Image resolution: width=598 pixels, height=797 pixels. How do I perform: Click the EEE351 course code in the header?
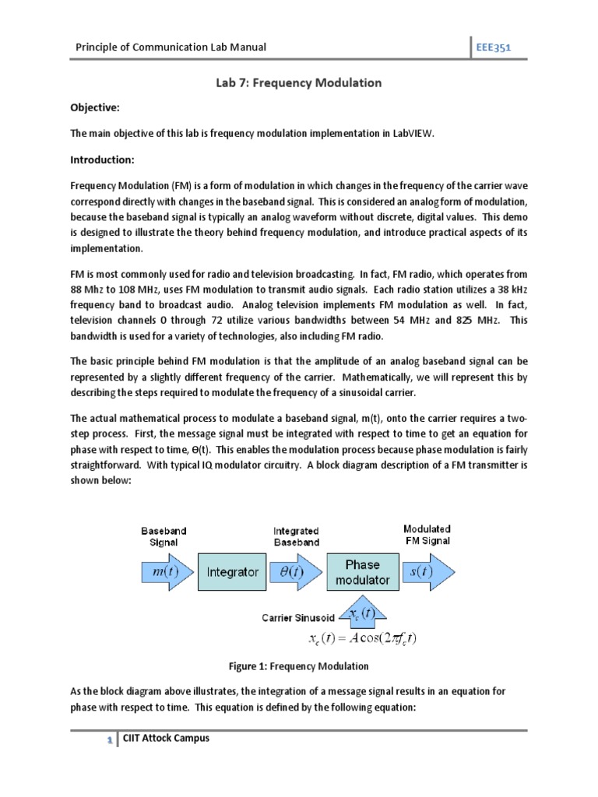tap(494, 47)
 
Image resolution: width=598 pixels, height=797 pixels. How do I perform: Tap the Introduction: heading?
tap(103, 160)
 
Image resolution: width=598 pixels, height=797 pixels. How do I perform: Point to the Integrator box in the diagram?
tap(232, 572)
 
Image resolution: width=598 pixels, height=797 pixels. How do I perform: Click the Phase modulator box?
tap(362, 572)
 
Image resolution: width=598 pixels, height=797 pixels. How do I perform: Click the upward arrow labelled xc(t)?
tap(362, 613)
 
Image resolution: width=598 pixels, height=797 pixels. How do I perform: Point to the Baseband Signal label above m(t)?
tap(164, 536)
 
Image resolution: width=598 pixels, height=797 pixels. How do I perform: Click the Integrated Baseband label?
tap(296, 536)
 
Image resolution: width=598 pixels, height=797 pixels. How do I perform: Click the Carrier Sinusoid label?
tap(298, 618)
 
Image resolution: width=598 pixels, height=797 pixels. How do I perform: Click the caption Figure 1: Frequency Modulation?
tap(298, 666)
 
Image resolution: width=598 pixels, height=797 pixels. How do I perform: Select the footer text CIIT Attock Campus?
tap(166, 738)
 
